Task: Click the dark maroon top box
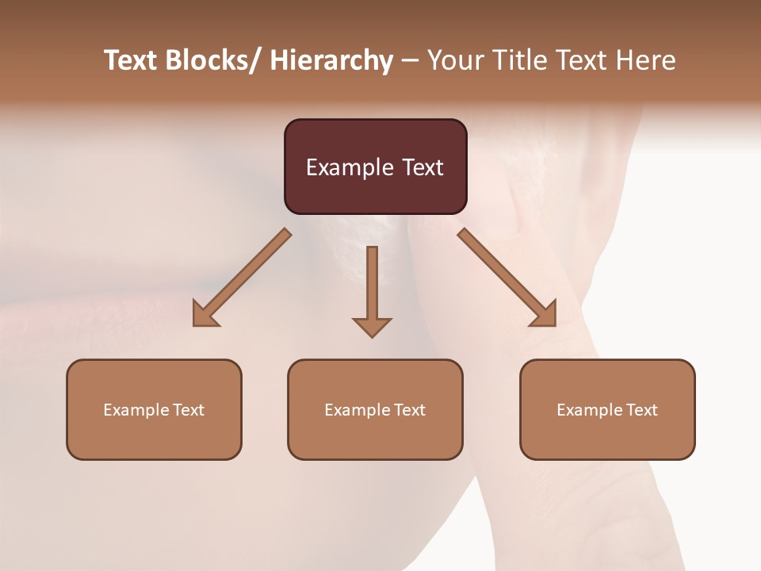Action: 375,167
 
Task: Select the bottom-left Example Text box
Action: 154,409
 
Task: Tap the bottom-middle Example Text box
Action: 375,409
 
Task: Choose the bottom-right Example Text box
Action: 607,409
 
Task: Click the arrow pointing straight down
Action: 372,289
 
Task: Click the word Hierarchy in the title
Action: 331,60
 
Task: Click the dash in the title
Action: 410,61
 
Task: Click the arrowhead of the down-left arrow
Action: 205,316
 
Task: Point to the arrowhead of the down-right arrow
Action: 545,316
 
